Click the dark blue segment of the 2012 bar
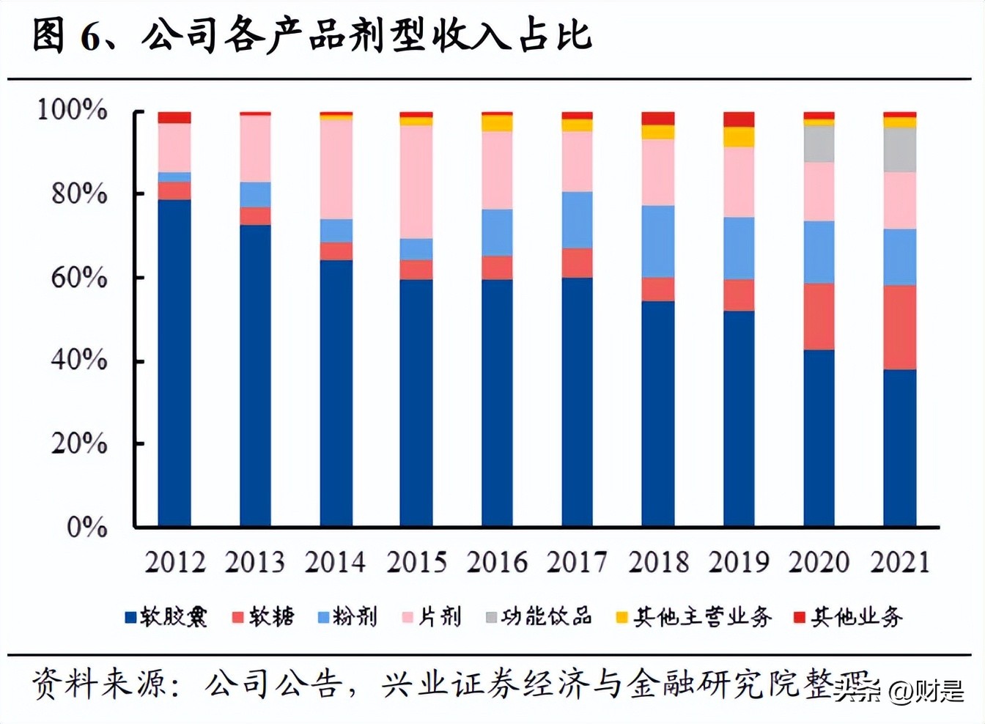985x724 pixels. pos(174,363)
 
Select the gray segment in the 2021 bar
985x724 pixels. pos(899,149)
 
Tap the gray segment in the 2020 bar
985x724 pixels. pos(819,144)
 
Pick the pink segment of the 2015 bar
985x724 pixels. pos(416,182)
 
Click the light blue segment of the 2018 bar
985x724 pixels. pos(657,241)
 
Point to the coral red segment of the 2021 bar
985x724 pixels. pos(899,327)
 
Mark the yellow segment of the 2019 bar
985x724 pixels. pos(739,137)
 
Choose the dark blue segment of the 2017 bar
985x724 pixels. pos(577,402)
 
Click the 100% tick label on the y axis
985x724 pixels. pos(72,110)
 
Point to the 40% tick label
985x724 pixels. pos(78,360)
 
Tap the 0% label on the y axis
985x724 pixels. pos(86,527)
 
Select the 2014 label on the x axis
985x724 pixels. pos(335,562)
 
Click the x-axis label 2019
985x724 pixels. pos(739,562)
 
